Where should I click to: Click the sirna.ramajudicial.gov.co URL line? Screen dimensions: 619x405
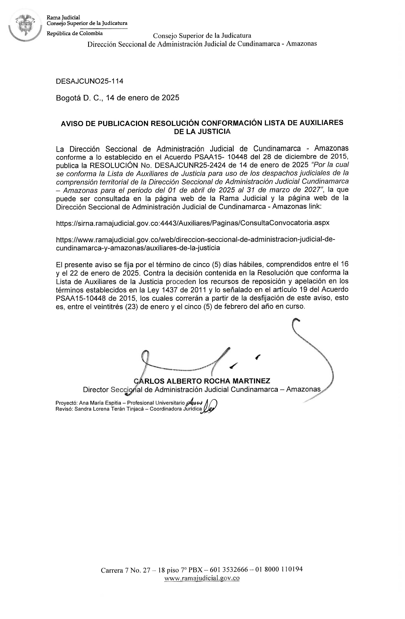tap(193, 223)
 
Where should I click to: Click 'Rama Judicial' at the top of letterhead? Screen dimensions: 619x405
tap(63, 18)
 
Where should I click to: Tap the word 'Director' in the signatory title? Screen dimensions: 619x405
tap(95, 390)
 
